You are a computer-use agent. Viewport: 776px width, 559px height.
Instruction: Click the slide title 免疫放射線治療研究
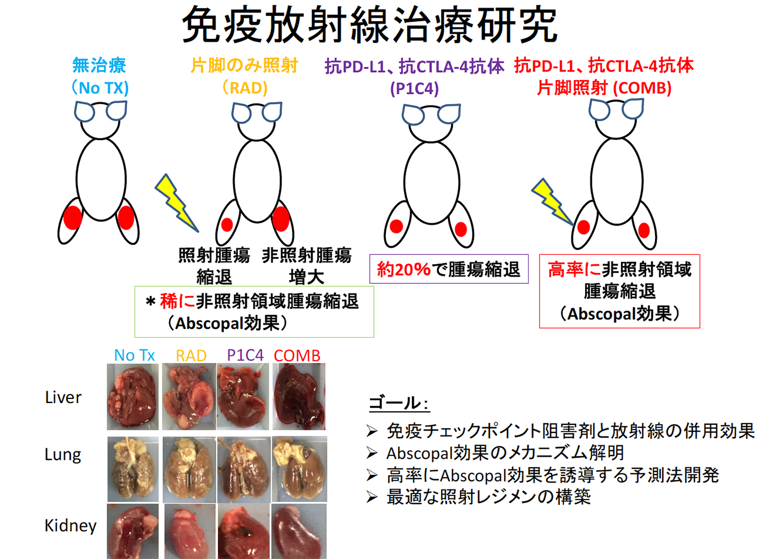click(369, 25)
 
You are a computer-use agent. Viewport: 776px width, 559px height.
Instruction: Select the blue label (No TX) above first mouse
click(100, 88)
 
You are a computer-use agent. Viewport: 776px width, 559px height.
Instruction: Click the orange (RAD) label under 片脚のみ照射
click(245, 88)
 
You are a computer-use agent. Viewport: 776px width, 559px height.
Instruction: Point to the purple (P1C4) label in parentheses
click(414, 89)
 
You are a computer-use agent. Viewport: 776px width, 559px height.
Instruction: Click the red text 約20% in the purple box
click(404, 269)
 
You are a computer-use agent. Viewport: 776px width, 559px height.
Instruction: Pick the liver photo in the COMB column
click(299, 397)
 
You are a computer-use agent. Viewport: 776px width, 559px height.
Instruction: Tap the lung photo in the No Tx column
click(133, 469)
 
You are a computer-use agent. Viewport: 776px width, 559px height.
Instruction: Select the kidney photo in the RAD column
click(190, 531)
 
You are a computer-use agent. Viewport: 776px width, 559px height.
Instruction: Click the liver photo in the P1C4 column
click(243, 397)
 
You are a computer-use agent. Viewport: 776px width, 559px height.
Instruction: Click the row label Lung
click(63, 455)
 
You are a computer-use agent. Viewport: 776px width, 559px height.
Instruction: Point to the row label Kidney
click(70, 525)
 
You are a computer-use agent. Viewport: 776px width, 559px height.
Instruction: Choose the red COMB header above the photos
click(297, 355)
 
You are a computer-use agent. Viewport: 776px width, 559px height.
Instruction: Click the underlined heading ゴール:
click(398, 403)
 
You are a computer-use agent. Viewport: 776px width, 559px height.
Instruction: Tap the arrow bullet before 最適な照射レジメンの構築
click(372, 497)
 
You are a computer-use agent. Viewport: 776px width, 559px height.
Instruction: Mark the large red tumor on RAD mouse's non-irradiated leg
click(280, 218)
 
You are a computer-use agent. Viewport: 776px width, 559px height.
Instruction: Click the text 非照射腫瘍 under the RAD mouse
click(307, 255)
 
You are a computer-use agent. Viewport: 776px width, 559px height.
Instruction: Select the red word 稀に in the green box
click(177, 301)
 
